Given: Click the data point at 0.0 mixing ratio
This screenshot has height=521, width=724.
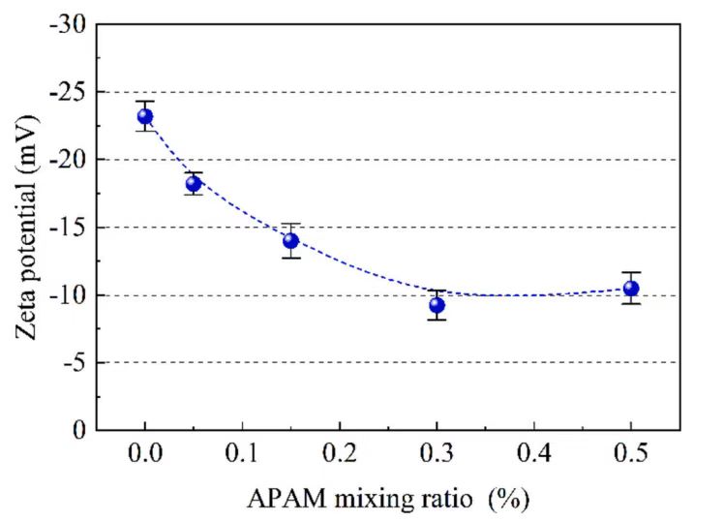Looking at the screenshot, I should click(145, 117).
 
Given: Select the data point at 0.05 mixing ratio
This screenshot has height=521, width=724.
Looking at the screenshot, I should click(194, 183).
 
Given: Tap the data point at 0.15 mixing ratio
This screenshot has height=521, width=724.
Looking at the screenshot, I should click(290, 240).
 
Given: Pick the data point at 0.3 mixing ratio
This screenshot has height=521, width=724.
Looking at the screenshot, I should click(437, 305).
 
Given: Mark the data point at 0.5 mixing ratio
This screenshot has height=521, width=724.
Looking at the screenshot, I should click(631, 288).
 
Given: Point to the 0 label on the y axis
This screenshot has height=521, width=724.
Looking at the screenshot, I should click(78, 430).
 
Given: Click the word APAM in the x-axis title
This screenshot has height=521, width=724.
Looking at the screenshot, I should click(282, 500).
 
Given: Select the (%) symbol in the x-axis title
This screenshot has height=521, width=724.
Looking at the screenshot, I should click(509, 500).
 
